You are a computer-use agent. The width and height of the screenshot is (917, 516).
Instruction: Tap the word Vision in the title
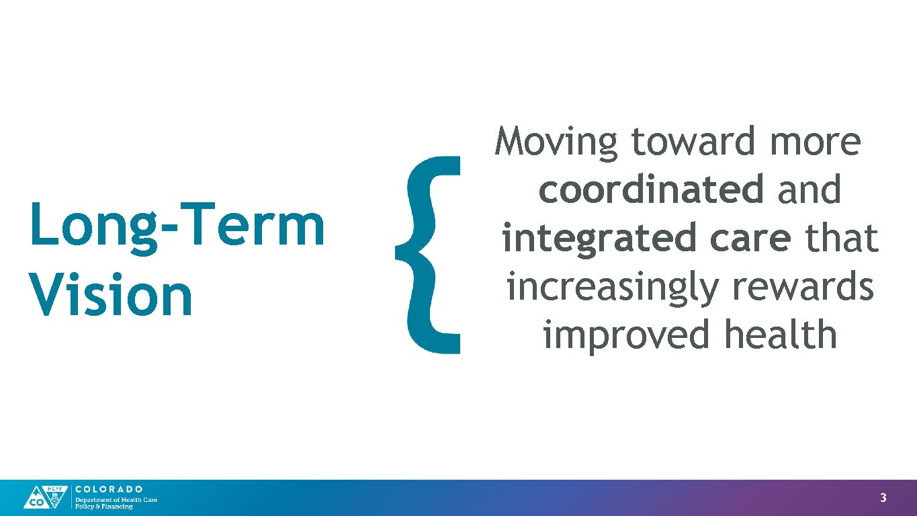coord(112,296)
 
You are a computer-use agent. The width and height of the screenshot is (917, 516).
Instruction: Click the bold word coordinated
coord(651,190)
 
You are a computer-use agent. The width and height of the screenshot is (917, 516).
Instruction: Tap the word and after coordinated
coord(810,190)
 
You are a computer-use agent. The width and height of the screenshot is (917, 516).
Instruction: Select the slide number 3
coord(883,498)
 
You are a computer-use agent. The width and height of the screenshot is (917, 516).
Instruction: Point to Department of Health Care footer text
coord(116,499)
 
